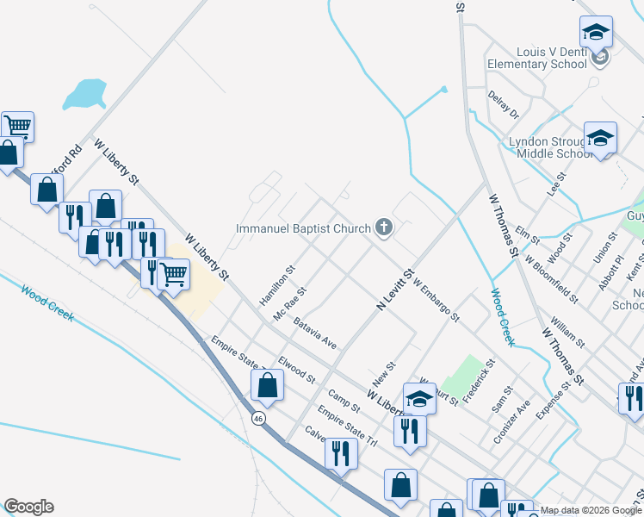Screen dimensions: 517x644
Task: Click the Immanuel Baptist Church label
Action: tap(304, 228)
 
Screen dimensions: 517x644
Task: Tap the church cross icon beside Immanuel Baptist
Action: tap(384, 228)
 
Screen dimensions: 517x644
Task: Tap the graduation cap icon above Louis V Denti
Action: tap(596, 34)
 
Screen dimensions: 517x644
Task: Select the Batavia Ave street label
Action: tap(314, 331)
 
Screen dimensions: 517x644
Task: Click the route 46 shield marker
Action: tap(258, 418)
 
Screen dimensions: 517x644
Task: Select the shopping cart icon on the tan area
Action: tap(174, 275)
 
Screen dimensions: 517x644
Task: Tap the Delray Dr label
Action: tap(503, 104)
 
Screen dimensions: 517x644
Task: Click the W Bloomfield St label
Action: tap(552, 278)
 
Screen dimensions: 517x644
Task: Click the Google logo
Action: tap(28, 507)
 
